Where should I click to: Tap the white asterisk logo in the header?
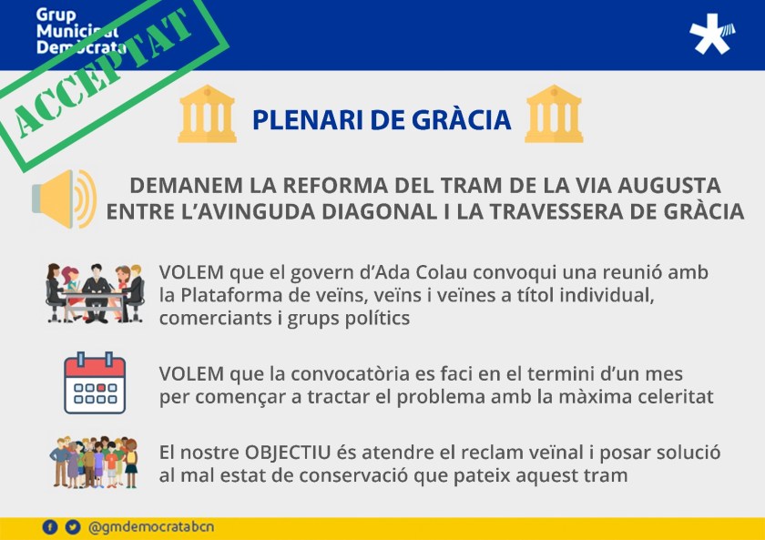712,34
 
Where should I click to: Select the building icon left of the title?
208,114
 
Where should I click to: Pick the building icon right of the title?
554,114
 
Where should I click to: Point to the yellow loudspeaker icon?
65,199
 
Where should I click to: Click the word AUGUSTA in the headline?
668,186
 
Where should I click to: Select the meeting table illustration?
95,293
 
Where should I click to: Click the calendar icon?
95,383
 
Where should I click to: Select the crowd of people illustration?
94,462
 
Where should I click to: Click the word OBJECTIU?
288,453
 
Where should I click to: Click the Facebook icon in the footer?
50,527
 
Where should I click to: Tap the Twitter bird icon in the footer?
73,527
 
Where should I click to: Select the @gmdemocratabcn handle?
151,527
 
